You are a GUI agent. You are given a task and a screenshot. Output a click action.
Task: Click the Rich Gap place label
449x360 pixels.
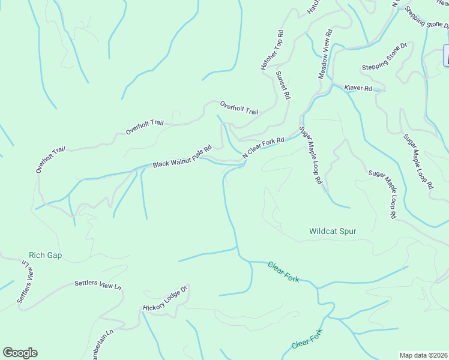coord(45,255)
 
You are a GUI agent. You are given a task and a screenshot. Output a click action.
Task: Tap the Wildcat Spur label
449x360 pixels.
coord(333,231)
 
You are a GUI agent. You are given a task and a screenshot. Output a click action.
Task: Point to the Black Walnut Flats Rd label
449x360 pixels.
coord(182,156)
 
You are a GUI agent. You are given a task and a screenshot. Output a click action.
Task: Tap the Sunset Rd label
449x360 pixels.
coord(283,85)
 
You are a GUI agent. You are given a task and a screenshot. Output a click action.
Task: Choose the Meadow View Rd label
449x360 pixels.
coord(325,55)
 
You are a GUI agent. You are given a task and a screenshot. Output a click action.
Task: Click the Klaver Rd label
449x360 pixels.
coord(358,88)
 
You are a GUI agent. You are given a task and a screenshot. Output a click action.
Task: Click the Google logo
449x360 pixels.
coord(20,353)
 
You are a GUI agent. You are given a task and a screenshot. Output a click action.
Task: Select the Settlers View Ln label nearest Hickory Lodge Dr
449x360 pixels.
coord(98,283)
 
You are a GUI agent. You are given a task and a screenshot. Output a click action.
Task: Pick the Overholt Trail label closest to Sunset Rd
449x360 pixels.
coord(239,107)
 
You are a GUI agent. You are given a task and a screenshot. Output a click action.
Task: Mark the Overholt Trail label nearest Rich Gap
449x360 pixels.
coord(50,160)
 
